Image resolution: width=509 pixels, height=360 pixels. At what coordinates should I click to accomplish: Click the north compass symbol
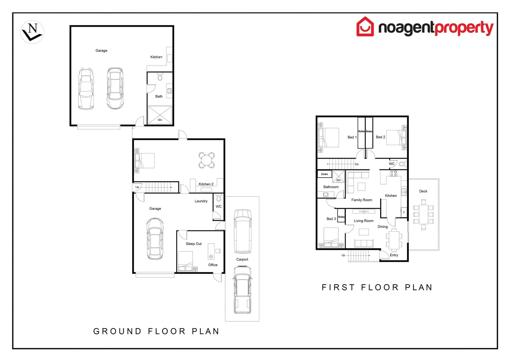(32, 32)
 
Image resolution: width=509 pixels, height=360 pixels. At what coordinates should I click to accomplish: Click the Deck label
(423, 191)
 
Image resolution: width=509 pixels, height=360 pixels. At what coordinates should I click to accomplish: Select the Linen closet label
(324, 174)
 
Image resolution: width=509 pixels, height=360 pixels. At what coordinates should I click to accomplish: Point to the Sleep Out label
(194, 244)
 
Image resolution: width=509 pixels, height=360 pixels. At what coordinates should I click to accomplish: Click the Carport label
(242, 259)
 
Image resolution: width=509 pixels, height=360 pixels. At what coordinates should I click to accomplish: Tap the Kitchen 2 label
(206, 184)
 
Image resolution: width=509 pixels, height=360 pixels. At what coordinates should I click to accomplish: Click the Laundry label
(201, 201)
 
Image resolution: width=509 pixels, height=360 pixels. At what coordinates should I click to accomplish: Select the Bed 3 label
(331, 219)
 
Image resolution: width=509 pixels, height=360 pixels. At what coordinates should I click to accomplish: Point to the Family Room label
(361, 200)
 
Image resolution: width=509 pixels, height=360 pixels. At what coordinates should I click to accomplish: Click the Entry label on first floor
(394, 255)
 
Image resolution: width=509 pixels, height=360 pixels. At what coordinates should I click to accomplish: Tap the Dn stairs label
(357, 164)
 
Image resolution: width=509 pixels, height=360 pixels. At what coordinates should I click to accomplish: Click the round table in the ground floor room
(206, 160)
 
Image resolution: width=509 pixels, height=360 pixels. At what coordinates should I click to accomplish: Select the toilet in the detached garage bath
(160, 77)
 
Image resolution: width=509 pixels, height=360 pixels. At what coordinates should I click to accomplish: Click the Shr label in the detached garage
(160, 120)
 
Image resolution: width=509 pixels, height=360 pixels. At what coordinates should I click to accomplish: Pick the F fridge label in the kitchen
(404, 212)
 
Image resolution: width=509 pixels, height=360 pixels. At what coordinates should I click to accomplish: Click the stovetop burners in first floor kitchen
(393, 173)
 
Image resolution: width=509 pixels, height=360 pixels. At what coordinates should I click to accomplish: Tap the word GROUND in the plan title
(117, 331)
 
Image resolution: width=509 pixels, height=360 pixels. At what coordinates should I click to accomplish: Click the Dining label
(382, 227)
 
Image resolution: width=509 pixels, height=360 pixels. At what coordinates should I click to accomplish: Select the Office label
(213, 265)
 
